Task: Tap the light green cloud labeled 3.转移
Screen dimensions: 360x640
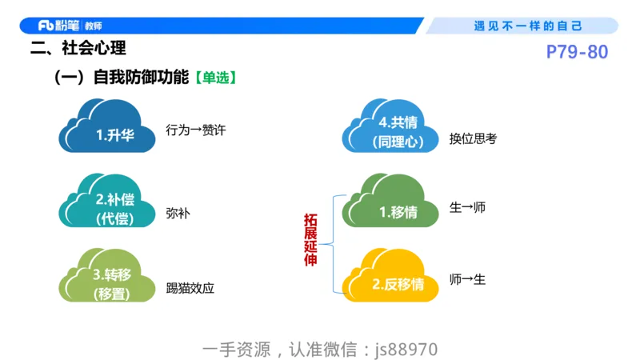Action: (107, 281)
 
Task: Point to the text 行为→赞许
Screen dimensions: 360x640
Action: (196, 130)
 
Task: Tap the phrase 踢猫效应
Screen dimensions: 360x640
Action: (190, 288)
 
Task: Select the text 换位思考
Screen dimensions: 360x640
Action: (473, 138)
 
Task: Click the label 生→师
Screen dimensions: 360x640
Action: (468, 208)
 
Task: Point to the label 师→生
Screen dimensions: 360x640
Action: (468, 279)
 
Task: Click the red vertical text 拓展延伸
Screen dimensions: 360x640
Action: (310, 240)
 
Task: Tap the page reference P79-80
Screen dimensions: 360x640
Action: (577, 53)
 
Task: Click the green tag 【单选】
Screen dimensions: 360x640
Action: (214, 78)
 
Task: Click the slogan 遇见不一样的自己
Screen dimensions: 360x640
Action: (528, 26)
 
